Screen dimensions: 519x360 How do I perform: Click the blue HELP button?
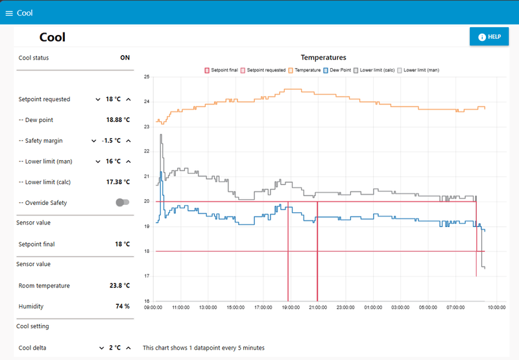pos(489,36)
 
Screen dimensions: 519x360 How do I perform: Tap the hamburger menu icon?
pos(9,13)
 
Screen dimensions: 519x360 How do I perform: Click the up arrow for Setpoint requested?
pos(128,99)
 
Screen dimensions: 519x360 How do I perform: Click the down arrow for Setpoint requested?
pos(98,99)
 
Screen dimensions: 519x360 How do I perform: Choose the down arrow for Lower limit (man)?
pos(98,162)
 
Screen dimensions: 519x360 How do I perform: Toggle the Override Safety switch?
pos(123,202)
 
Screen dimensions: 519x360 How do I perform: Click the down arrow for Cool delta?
pos(102,348)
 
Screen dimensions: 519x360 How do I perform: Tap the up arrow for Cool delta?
pos(128,348)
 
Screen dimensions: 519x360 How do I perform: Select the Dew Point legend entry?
pos(337,70)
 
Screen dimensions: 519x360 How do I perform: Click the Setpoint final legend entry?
pos(221,70)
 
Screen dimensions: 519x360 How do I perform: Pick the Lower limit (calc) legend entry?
pos(374,70)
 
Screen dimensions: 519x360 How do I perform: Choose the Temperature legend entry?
pos(304,70)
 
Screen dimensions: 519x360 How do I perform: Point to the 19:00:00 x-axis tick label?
pos(291,307)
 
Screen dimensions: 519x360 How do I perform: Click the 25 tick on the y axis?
pos(147,77)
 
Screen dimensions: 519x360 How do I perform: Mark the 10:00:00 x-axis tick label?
pos(496,307)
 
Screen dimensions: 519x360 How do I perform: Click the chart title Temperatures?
pos(323,58)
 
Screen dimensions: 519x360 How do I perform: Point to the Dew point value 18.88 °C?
pos(118,120)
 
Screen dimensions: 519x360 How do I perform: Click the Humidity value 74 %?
pos(123,306)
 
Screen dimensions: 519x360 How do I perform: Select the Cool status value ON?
pos(125,58)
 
